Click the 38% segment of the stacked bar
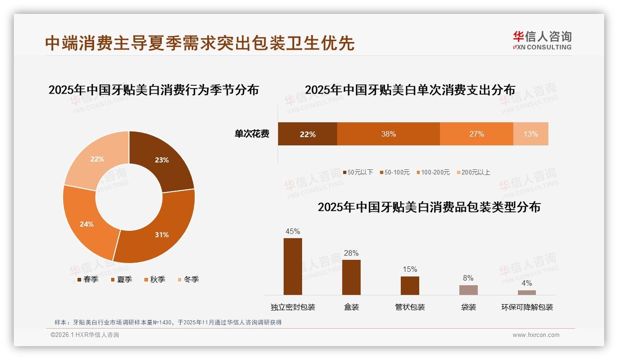388,134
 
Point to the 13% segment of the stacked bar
530,134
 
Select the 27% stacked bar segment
476,134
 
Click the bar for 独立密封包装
293,266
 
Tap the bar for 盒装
351,277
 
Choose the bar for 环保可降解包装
527,292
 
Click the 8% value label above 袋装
468,278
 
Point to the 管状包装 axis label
410,307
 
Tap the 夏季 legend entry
122,279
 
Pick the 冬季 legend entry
188,279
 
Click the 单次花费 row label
252,134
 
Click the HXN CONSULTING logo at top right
542,40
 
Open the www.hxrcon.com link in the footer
536,335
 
